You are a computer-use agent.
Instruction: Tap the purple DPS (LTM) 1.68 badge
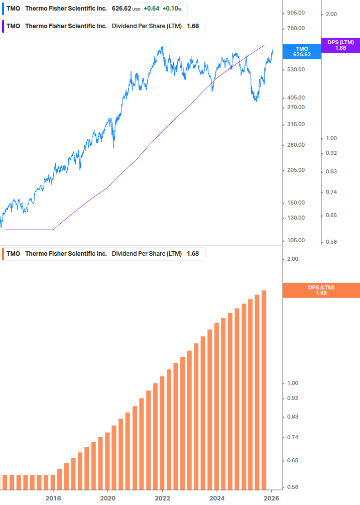click(340, 45)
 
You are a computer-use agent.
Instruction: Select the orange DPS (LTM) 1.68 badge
click(321, 290)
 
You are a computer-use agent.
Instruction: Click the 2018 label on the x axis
click(53, 498)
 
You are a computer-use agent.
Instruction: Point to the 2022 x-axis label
click(162, 498)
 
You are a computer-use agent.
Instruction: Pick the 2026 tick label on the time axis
click(271, 498)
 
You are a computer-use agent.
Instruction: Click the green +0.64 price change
click(151, 9)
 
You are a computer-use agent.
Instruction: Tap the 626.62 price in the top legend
click(121, 9)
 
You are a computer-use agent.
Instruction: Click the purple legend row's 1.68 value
click(192, 26)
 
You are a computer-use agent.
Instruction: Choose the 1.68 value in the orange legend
click(193, 254)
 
